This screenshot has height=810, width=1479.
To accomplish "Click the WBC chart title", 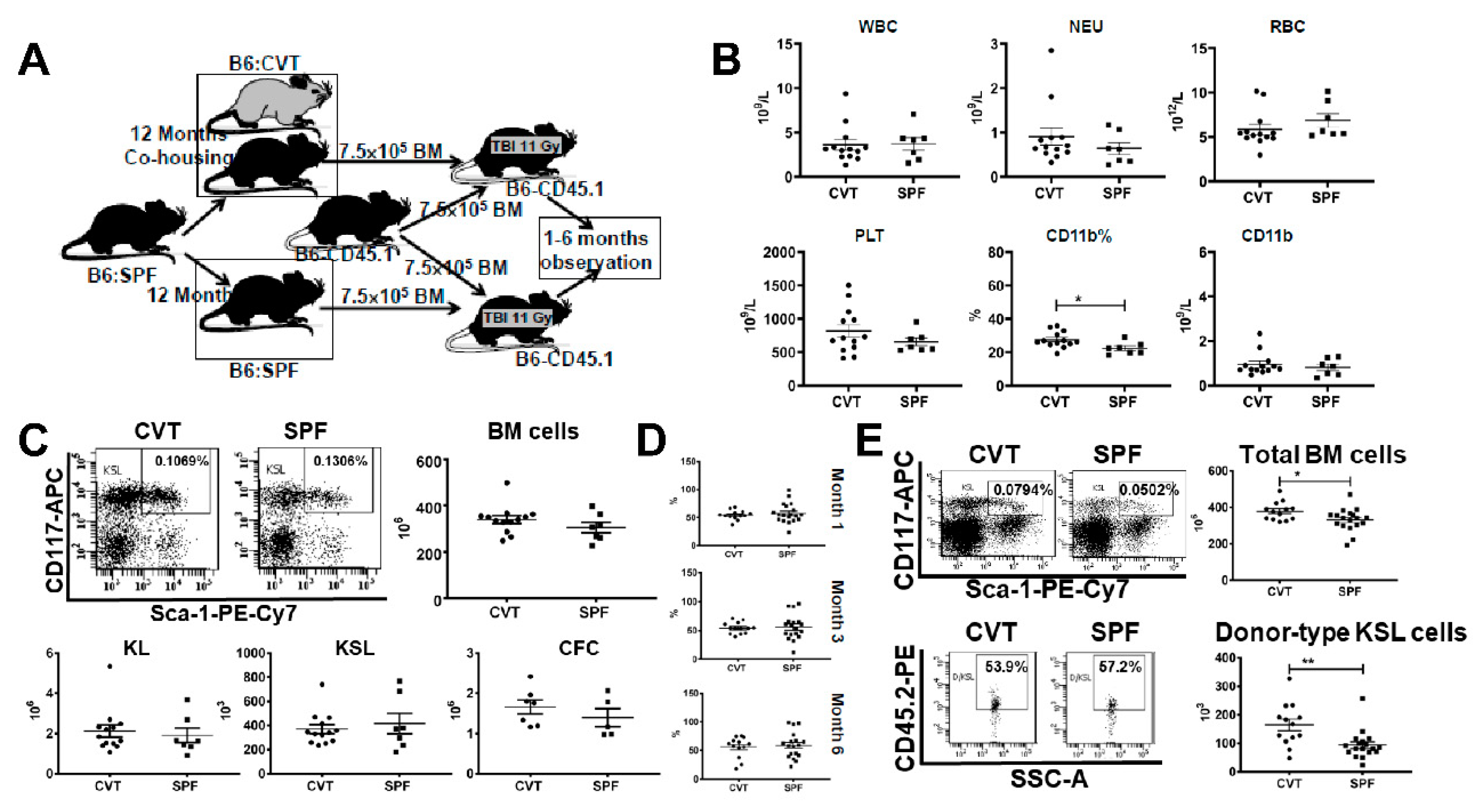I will [x=877, y=26].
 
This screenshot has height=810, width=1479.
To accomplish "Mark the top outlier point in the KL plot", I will [x=109, y=666].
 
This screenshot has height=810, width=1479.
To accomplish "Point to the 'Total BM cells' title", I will [x=1322, y=455].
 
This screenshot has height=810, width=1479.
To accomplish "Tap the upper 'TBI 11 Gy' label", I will [x=525, y=146].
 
